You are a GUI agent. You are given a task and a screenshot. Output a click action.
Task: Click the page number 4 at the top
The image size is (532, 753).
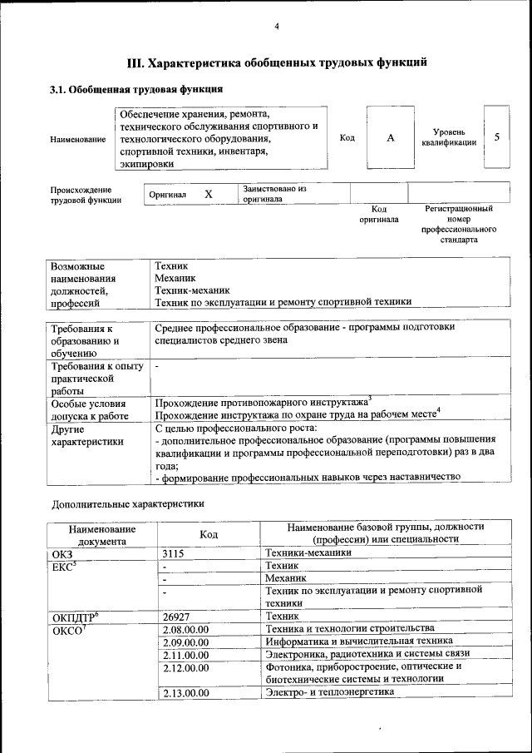click(277, 27)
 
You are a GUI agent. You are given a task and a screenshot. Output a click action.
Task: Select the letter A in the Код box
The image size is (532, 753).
click(390, 137)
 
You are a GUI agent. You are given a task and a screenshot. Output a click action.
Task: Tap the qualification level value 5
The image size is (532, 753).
click(496, 136)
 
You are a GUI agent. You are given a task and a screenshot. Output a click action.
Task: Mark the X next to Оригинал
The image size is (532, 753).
click(209, 194)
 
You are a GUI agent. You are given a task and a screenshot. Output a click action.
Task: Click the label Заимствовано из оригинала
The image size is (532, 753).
click(274, 194)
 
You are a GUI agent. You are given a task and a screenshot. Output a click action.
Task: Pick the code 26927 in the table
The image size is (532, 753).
click(177, 615)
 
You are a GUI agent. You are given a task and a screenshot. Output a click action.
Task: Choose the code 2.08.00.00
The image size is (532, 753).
click(186, 628)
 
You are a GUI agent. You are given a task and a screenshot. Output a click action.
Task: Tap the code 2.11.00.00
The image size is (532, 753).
click(186, 655)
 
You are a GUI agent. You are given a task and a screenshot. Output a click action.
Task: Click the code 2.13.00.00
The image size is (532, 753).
click(186, 692)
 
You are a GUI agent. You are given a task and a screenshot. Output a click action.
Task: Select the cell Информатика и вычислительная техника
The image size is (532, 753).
click(358, 641)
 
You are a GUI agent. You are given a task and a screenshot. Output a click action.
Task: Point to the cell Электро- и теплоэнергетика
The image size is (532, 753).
click(328, 692)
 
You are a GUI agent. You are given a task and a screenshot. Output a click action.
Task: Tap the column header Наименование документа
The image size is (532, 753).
click(102, 534)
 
